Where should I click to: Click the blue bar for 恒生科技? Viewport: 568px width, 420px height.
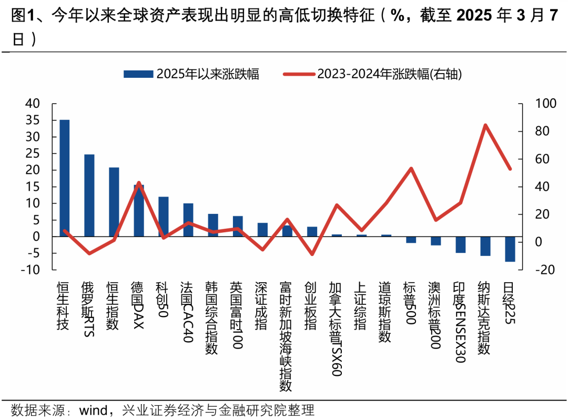[x=64, y=178]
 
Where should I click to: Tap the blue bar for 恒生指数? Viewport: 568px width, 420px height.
[x=114, y=202]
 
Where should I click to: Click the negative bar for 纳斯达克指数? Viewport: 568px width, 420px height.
[x=485, y=246]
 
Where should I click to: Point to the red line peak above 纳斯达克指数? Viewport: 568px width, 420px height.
[x=485, y=125]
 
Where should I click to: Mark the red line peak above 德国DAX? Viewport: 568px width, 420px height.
[x=139, y=183]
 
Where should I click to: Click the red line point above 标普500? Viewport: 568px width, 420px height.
[x=411, y=169]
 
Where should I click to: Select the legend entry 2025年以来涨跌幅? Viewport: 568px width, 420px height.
[x=191, y=74]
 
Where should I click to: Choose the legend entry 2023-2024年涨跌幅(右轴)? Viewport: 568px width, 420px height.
[x=373, y=74]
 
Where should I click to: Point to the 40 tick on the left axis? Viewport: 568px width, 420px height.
[x=33, y=104]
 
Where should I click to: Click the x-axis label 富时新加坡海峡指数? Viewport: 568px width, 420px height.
[x=286, y=336]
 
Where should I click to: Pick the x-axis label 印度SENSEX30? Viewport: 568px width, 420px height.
[x=460, y=323]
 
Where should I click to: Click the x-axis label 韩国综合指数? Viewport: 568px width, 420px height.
[x=211, y=317]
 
